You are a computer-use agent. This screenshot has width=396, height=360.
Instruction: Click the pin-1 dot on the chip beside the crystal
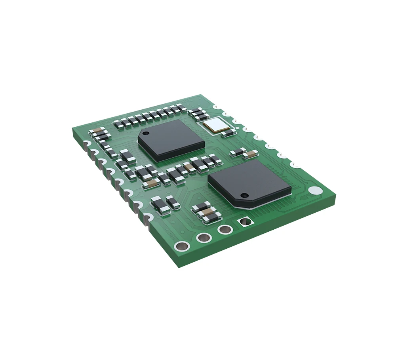pos(145,131)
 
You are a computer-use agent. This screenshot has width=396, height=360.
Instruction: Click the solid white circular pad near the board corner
pos(314,190)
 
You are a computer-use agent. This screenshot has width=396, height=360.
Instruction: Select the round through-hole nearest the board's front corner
pos(182,246)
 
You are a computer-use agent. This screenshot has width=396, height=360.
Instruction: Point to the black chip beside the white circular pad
pos(249,182)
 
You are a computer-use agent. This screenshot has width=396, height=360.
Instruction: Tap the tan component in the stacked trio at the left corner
pos(96,131)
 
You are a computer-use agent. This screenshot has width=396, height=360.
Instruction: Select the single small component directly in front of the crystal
pos(228,133)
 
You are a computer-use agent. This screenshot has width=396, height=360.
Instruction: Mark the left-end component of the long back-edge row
pos(117,124)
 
